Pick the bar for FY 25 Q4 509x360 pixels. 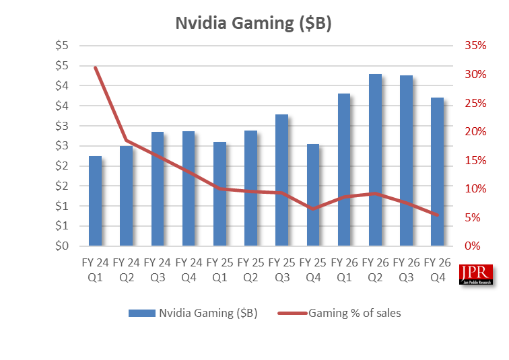(x=314, y=195)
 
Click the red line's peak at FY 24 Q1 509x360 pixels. (x=96, y=67)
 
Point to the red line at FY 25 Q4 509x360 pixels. (x=314, y=209)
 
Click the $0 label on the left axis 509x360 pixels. (x=63, y=246)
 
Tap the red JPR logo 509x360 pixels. (x=475, y=275)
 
